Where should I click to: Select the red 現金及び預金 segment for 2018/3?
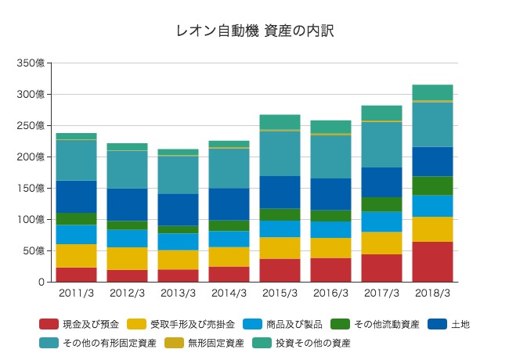click(x=432, y=261)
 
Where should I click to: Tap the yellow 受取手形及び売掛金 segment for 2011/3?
click(x=76, y=256)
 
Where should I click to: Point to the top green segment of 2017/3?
click(x=381, y=113)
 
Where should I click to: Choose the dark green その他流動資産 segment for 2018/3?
click(x=432, y=185)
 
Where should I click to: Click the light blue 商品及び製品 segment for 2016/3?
click(x=330, y=229)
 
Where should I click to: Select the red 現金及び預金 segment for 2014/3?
click(x=229, y=274)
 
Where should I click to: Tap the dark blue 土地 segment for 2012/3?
click(x=127, y=204)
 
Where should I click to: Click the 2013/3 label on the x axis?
click(x=178, y=293)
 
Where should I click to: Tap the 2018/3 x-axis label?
click(x=432, y=293)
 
